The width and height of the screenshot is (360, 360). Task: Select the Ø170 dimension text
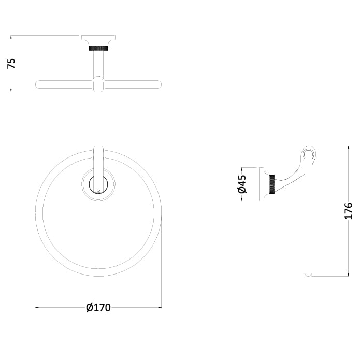coord(98,307)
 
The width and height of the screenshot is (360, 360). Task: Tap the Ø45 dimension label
coord(241,184)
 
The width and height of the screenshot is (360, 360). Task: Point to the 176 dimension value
coord(348,211)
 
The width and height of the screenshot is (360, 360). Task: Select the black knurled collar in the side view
coord(272,184)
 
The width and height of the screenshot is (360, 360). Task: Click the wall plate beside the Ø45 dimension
coord(263,184)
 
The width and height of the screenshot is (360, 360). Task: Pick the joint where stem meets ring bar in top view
coord(98,84)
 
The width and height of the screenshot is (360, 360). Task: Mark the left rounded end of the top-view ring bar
coord(38,84)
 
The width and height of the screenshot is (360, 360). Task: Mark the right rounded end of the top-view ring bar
coord(159,84)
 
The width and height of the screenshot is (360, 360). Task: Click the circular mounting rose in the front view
coord(98,184)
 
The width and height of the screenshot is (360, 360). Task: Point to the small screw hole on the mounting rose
coord(98,191)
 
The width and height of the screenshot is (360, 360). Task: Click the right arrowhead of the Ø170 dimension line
coord(160,308)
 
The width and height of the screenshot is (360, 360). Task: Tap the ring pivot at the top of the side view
coord(309,153)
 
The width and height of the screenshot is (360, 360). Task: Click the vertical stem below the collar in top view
coord(98,65)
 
